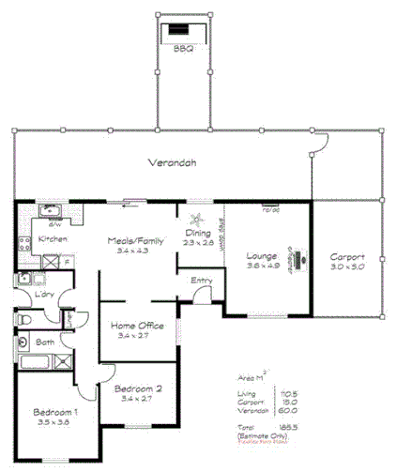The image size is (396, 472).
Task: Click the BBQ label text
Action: (182, 49)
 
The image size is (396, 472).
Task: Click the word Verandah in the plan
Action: (173, 162)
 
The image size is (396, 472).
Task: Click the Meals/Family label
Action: (135, 241)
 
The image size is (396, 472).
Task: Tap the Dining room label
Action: (197, 234)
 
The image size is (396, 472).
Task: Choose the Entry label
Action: (201, 280)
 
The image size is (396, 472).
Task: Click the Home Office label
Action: (139, 325)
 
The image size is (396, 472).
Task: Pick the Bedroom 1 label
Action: (55, 412)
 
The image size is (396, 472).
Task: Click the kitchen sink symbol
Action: (46, 212)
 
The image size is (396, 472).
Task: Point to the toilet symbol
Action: (24, 320)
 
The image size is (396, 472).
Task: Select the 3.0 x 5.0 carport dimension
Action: (347, 266)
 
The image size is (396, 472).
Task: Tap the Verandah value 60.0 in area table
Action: (287, 409)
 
